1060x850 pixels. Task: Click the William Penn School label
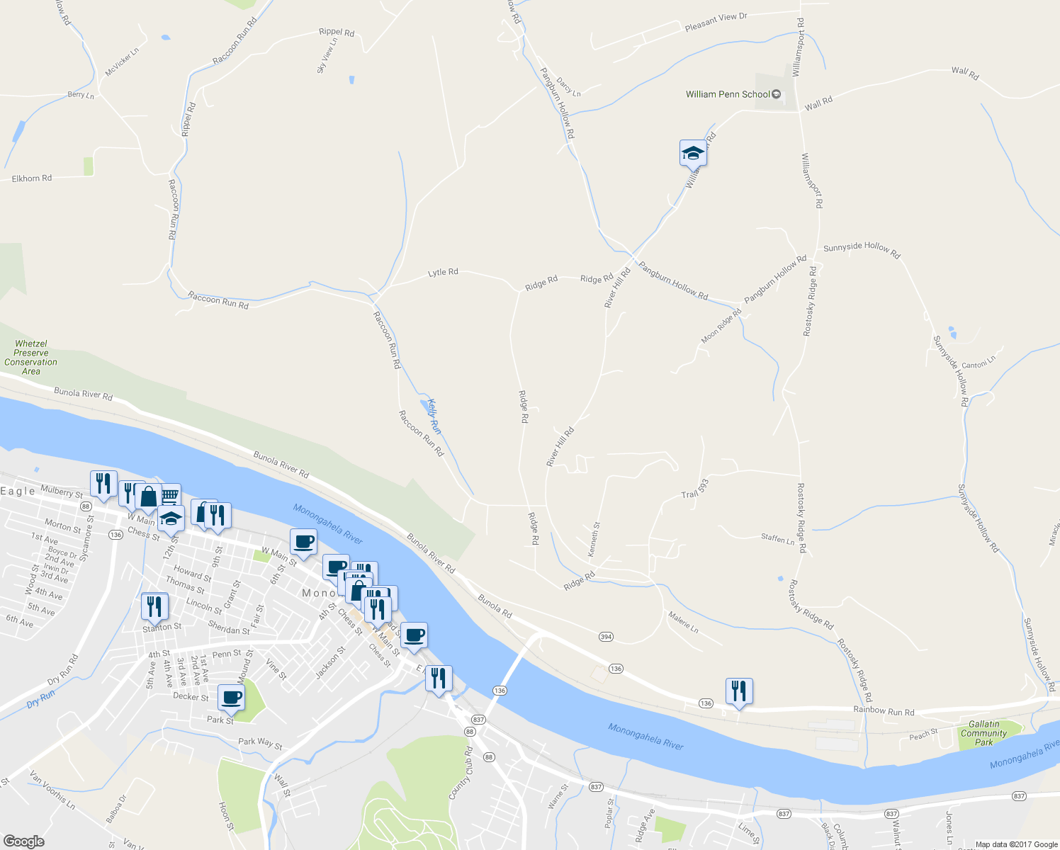point(728,94)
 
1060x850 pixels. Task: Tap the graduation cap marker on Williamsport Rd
point(693,152)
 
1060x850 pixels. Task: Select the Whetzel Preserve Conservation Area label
point(30,358)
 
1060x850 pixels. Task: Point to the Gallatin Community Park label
point(983,733)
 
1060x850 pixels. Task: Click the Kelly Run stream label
point(434,417)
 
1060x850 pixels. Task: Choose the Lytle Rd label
point(443,272)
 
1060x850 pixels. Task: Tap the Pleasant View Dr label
point(716,22)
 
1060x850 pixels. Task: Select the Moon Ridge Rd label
point(721,326)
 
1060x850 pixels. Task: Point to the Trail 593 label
point(695,489)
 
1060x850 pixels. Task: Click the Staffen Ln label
point(777,539)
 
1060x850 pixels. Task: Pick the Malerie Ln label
point(683,623)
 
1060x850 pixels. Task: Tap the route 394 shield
point(606,637)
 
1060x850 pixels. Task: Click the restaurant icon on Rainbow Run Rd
point(739,691)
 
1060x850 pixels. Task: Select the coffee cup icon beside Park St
point(231,697)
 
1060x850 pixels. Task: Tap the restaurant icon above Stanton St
point(154,606)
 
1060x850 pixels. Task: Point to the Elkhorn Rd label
point(32,178)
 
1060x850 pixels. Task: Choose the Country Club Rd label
point(461,773)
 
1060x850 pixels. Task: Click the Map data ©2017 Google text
point(1016,844)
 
